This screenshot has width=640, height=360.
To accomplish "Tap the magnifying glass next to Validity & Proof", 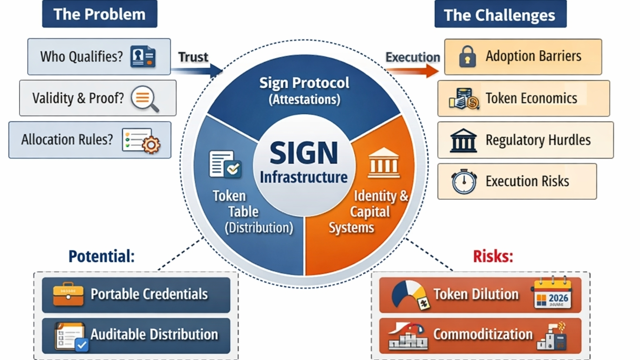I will (x=144, y=98).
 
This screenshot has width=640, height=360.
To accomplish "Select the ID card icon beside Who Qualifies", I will (x=143, y=57).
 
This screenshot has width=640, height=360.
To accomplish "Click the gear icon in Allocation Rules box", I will (x=150, y=145).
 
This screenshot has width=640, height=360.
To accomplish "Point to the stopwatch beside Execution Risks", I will (x=464, y=182).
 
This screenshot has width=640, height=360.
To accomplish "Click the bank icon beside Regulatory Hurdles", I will (x=463, y=140).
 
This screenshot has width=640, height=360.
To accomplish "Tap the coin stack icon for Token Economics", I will (x=464, y=99).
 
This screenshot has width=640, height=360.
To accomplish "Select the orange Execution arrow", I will (x=412, y=71).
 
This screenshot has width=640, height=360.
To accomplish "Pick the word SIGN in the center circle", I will (x=304, y=153).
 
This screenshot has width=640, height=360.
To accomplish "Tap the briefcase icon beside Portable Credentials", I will (x=68, y=294).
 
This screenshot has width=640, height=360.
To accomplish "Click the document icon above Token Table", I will (x=225, y=164).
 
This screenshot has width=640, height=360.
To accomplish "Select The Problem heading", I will (x=100, y=14).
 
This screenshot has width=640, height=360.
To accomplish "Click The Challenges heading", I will (x=500, y=15).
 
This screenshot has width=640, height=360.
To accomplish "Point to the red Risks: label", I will (x=493, y=256).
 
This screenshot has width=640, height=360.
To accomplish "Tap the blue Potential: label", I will (x=101, y=256).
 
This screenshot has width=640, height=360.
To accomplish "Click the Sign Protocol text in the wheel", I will (x=304, y=83).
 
